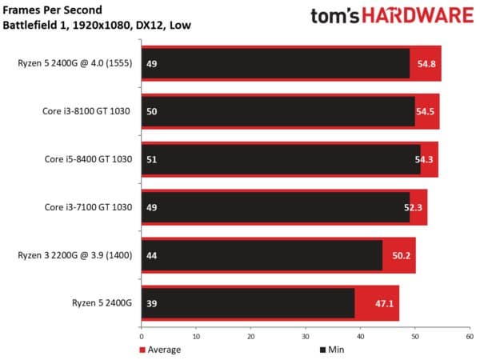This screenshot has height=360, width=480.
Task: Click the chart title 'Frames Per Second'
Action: click(51, 10)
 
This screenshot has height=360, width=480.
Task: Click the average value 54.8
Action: click(426, 63)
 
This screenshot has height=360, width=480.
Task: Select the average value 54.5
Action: click(425, 111)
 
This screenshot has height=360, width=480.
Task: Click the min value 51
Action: click(152, 159)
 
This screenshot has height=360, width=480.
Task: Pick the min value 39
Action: click(152, 303)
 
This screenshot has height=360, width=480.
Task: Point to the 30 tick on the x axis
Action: click(306, 335)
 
